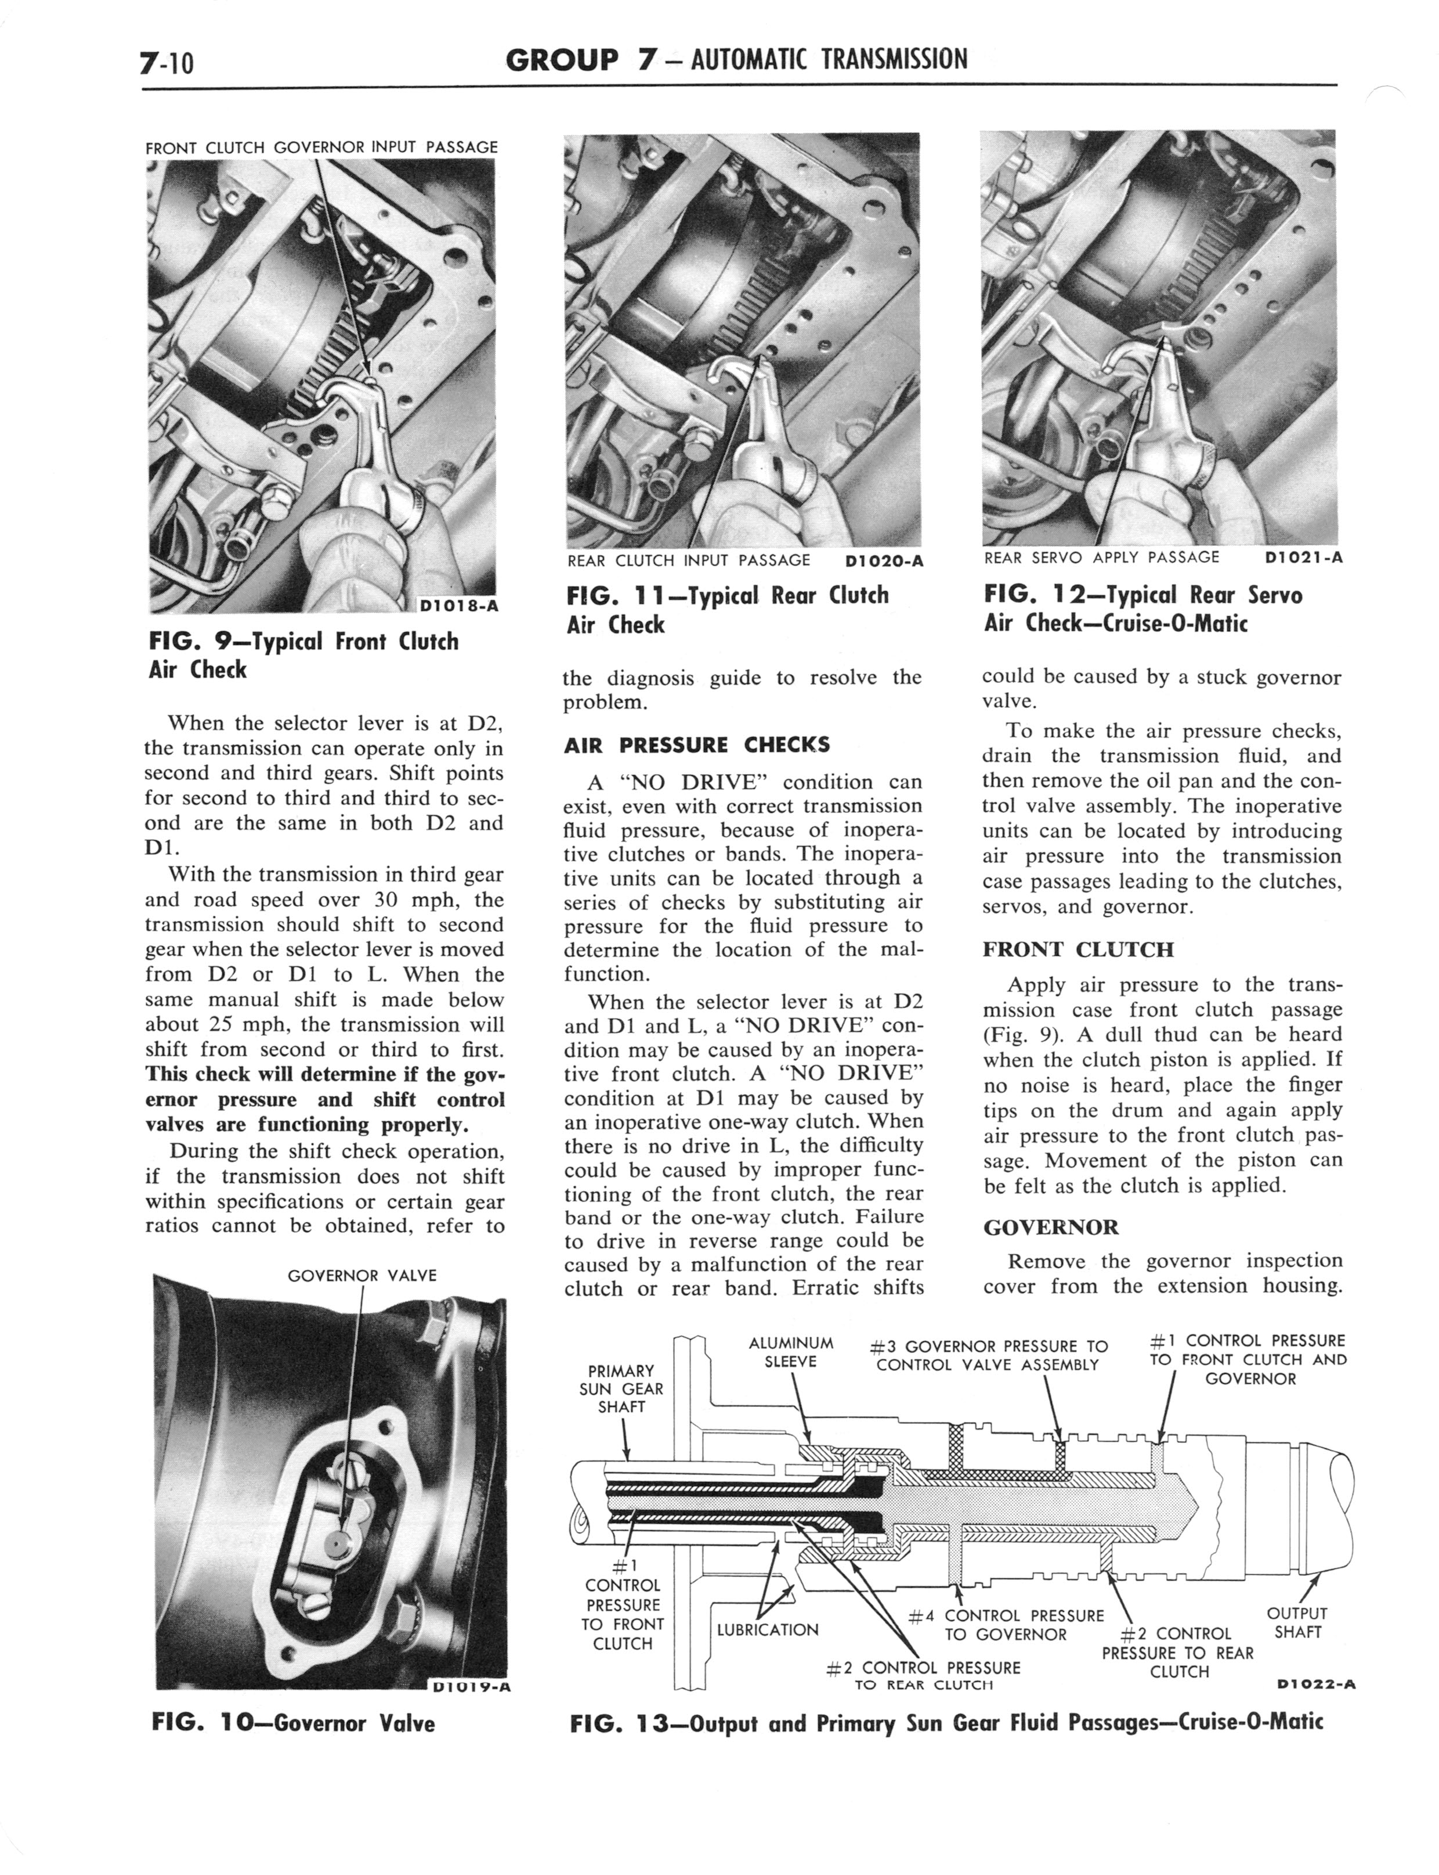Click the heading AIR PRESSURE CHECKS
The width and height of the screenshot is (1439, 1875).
click(696, 744)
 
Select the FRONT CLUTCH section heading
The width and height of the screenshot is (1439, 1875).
click(1078, 949)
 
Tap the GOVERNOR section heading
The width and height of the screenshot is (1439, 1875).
click(1050, 1226)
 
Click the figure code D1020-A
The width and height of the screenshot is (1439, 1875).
click(883, 562)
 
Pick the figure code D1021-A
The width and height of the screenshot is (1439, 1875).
click(1303, 558)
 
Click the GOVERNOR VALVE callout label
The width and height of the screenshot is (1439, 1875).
click(361, 1275)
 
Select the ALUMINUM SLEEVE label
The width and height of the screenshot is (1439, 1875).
click(791, 1352)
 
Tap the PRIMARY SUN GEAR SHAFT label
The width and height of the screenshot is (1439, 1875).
click(621, 1388)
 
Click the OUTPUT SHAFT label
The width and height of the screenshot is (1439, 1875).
click(1297, 1623)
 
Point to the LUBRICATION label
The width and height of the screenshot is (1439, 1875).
click(768, 1629)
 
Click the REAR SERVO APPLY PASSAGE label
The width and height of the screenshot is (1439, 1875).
click(1101, 558)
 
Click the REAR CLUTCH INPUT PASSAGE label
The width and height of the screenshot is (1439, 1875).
click(688, 562)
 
